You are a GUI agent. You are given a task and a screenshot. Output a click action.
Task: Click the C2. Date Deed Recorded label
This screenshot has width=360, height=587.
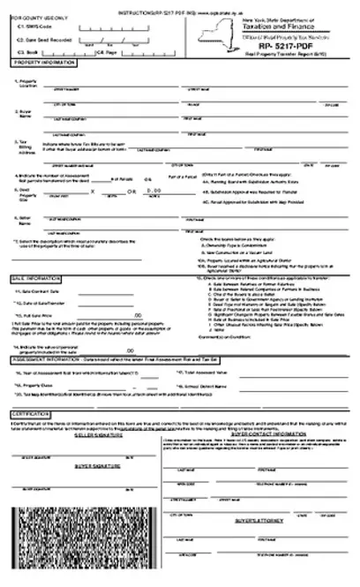point(43,41)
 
